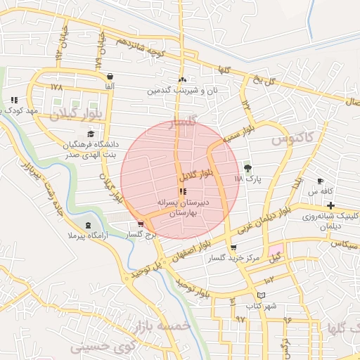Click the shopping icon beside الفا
coord(110,76)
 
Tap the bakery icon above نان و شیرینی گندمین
coord(183,80)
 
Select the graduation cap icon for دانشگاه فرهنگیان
coord(90,134)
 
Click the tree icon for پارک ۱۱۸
coord(247,168)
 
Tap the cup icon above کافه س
coord(321,181)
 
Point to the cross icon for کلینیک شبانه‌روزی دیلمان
coord(330,205)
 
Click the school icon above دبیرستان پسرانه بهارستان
coord(183,191)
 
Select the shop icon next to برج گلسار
coord(141,224)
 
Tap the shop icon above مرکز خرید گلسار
coord(233,247)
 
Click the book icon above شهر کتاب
coord(262,295)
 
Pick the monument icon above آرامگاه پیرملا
coord(87,225)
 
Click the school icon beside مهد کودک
coord(14,100)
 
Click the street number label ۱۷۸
coord(57,87)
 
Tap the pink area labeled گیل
coord(275,253)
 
